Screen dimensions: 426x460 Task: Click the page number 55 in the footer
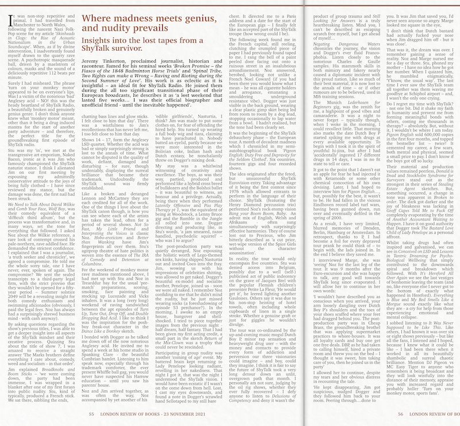(91, 413)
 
